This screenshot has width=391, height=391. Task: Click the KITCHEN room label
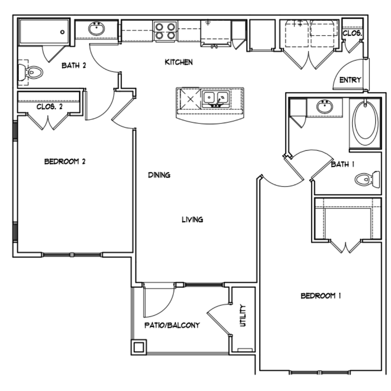coord(179,62)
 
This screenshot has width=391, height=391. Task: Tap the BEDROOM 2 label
coord(65,162)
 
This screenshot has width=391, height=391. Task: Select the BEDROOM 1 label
coord(321,296)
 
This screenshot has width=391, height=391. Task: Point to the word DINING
coord(159,175)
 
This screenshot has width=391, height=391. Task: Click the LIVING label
coord(192,220)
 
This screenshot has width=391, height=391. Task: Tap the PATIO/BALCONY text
coord(172,325)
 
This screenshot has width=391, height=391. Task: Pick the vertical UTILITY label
coord(242,315)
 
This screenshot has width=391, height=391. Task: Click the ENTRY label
coord(350,80)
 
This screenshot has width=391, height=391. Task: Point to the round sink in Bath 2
coord(96,28)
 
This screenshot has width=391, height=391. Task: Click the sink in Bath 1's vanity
coord(325,107)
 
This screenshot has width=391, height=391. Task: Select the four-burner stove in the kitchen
coord(165,31)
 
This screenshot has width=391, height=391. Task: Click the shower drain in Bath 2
coord(62,32)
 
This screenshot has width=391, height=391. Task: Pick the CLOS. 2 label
coord(49,107)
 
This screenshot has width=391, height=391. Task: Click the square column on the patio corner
coord(139,347)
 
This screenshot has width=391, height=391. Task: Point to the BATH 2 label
coord(74,66)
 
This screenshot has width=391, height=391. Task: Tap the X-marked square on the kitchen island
coord(190,99)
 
